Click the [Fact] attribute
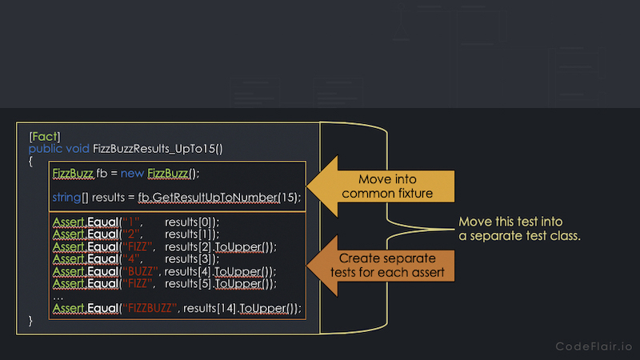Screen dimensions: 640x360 [45, 136]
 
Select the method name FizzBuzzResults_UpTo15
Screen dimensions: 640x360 [155, 149]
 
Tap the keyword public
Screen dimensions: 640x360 [46, 149]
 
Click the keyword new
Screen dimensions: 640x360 [132, 174]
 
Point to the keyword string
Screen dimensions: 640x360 [66, 198]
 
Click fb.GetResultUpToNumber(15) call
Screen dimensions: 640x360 [218, 198]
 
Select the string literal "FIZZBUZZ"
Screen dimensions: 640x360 [150, 308]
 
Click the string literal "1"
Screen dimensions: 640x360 [131, 222]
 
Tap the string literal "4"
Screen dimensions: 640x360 [131, 258]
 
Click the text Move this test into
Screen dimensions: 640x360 [510, 222]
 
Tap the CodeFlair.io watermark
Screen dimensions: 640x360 [594, 346]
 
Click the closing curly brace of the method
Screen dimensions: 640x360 [30, 321]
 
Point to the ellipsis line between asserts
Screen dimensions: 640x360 [58, 298]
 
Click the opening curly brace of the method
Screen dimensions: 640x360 [30, 162]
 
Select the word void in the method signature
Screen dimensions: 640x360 [78, 149]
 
